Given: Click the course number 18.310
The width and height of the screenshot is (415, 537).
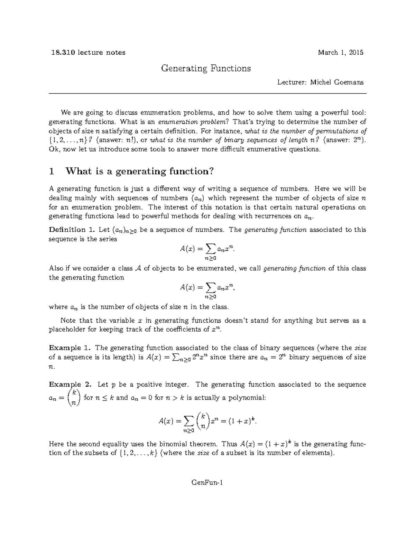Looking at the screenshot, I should pyautogui.click(x=62, y=53).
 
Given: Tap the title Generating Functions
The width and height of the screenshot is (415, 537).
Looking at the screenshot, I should pyautogui.click(x=206, y=68).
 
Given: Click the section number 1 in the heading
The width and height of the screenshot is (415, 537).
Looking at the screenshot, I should pyautogui.click(x=52, y=171).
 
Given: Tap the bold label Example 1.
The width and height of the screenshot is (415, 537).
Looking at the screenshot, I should pyautogui.click(x=70, y=348).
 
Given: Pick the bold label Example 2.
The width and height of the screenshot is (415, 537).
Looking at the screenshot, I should pyautogui.click(x=71, y=385).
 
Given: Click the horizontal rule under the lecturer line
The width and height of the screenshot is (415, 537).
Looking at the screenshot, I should pyautogui.click(x=207, y=94).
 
